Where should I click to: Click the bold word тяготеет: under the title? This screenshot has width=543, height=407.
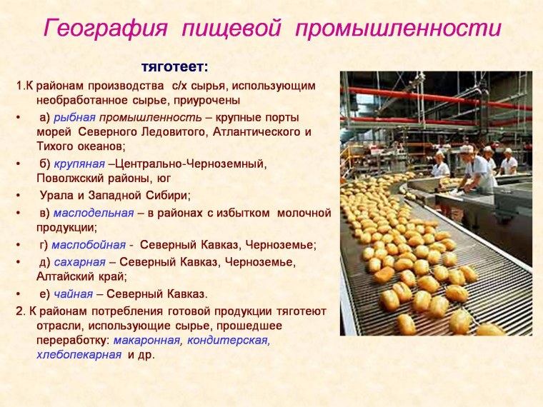[x=175, y=67]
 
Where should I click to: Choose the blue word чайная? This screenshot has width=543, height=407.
[x=73, y=293]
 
